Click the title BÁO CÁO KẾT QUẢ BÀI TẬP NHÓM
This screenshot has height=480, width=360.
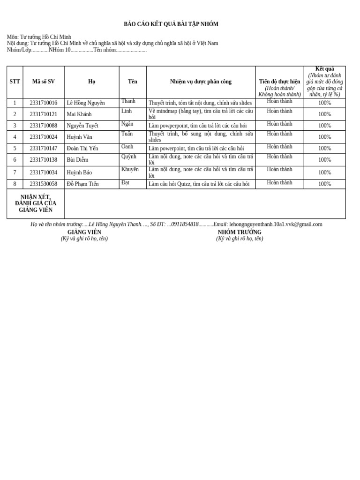click(171, 24)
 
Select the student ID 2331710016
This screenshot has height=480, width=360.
click(43, 103)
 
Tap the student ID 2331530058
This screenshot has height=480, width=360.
click(43, 184)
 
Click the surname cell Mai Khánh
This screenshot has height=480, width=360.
click(79, 114)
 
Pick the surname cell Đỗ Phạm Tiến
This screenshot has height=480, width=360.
click(82, 184)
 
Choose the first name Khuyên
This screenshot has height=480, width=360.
click(130, 170)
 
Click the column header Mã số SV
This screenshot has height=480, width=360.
click(43, 82)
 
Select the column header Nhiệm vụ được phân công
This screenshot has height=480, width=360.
click(201, 82)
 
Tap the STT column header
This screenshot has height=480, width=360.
click(15, 82)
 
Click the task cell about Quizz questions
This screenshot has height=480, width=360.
click(199, 184)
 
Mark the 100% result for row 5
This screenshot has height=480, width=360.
click(324, 149)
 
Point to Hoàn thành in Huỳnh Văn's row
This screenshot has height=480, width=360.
click(279, 134)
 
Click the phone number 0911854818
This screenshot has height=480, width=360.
click(185, 225)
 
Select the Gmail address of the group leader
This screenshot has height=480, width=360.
click(276, 225)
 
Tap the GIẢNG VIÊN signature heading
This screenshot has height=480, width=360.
click(84, 232)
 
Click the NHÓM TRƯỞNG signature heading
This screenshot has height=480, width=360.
click(240, 232)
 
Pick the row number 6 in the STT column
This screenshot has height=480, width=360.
click(15, 160)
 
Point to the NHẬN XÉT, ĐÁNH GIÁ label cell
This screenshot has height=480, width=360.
click(36, 204)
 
